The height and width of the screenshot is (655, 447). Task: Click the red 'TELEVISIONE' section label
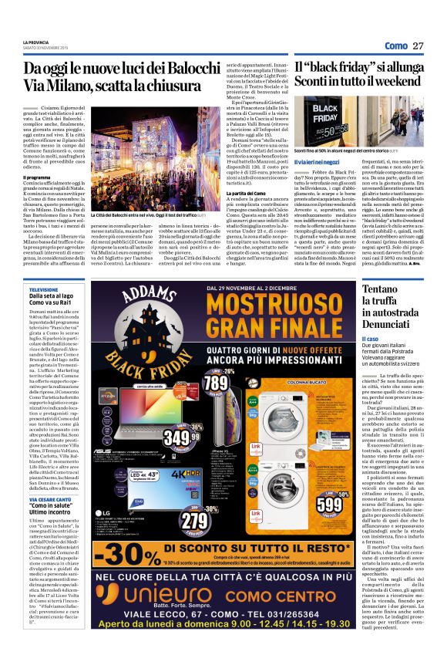(x=43, y=289)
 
